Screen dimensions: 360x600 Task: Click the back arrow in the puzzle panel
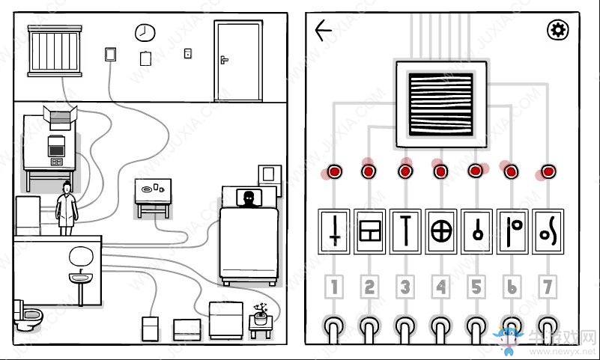coord(324,31)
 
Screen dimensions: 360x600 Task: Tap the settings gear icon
coord(558,31)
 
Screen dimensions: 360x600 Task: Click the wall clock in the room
coord(143,32)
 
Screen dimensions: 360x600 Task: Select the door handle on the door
coord(223,59)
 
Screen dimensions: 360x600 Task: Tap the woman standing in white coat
coord(67,204)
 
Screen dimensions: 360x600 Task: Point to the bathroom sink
coord(80,279)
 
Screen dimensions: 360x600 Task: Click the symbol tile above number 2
coord(369,231)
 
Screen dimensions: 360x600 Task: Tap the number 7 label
coord(548,287)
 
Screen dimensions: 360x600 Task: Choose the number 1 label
coord(333,287)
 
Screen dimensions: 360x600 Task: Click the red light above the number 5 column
coord(476,171)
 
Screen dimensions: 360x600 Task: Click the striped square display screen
coord(440,103)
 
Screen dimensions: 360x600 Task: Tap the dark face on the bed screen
coord(248,198)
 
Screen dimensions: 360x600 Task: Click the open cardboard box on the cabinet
coord(61,115)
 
